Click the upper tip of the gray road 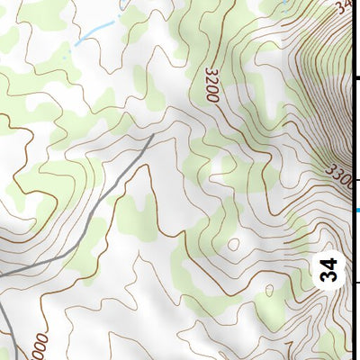click(x=152, y=135)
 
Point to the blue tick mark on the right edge click(x=356, y=211)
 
